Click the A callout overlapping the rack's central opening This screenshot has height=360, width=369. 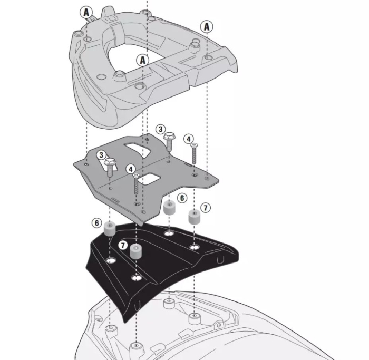[x=143, y=61]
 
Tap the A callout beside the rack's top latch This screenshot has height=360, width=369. [x=86, y=12]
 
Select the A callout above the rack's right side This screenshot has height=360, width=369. [x=207, y=26]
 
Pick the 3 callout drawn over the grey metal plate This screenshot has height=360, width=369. [x=101, y=155]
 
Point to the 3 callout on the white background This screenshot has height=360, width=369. [x=160, y=129]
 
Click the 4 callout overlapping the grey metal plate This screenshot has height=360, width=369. [x=131, y=169]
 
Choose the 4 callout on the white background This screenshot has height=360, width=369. [x=189, y=139]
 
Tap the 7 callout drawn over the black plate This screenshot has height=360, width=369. [x=123, y=245]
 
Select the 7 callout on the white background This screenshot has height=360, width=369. [x=206, y=208]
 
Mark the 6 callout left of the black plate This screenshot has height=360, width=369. [x=96, y=223]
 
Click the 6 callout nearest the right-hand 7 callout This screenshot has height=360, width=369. [x=182, y=198]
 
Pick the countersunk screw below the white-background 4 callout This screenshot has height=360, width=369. [x=194, y=153]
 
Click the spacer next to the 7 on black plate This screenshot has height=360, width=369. [x=136, y=251]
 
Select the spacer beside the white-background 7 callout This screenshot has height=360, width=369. [x=194, y=217]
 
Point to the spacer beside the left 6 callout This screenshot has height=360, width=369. [x=110, y=229]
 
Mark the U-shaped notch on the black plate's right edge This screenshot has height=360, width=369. [x=220, y=260]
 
